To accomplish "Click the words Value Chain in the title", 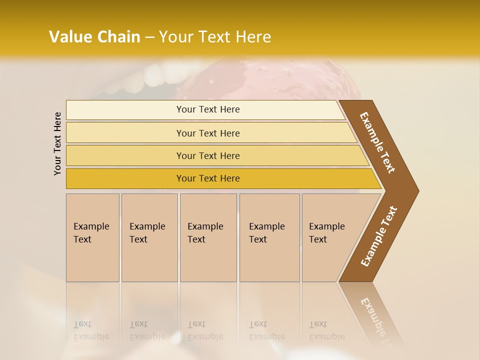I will [x=94, y=37].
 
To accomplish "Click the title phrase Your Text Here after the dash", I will [x=215, y=37].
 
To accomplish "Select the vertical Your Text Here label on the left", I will [x=57, y=143].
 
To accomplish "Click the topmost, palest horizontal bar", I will [x=207, y=109].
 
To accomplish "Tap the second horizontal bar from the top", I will [x=207, y=133].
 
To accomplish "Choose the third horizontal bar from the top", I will [x=207, y=155].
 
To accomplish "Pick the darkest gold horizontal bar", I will [x=207, y=178].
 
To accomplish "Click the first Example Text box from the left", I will [x=92, y=237].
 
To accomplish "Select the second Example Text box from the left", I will [x=149, y=237].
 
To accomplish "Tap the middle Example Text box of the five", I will [x=208, y=237].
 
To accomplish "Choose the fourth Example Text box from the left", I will [x=269, y=237].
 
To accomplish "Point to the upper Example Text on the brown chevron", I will [x=377, y=142].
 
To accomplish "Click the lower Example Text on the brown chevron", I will [x=378, y=236].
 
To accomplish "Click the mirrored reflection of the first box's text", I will [x=91, y=330].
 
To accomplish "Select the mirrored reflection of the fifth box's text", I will [x=326, y=330].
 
